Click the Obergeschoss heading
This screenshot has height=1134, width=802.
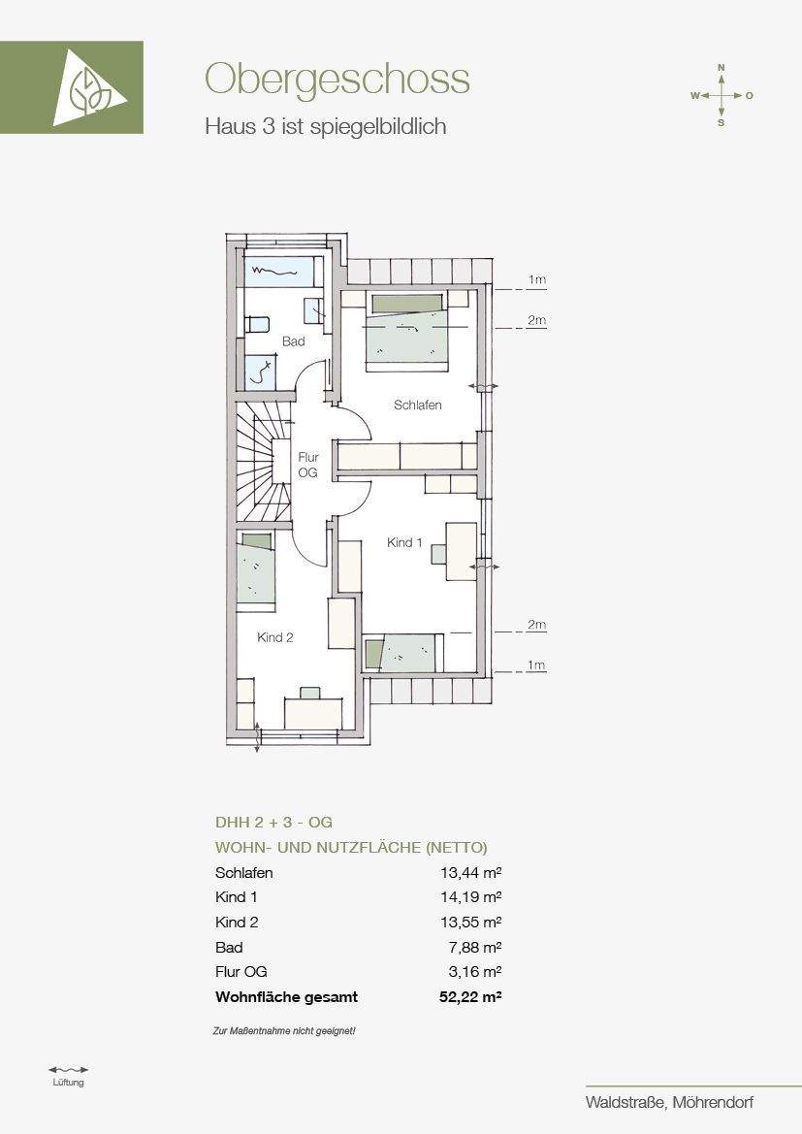tap(337, 80)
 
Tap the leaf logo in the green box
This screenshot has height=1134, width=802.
tap(89, 87)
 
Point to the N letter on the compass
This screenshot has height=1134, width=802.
tap(721, 67)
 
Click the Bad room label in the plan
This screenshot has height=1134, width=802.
tap(294, 341)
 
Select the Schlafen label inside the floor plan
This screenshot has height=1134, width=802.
tap(417, 405)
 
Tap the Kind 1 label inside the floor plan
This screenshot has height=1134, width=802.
tap(404, 542)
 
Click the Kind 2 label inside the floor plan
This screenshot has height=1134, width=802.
tap(275, 637)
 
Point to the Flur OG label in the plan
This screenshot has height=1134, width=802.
tap(308, 465)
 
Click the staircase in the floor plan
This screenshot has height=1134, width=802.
tap(263, 462)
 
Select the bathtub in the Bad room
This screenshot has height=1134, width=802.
tap(278, 272)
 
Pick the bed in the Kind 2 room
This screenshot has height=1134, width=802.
tap(256, 567)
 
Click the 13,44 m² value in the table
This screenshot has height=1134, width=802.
tap(470, 872)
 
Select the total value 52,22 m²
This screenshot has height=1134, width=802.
tap(470, 996)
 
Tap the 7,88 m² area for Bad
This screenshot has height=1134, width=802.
tap(475, 947)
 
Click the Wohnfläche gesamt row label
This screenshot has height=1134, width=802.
tap(286, 997)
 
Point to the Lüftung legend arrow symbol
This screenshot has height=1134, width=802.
tap(69, 1069)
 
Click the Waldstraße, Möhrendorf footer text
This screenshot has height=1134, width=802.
tap(670, 1102)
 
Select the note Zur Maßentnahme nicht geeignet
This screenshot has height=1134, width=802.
tap(284, 1030)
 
